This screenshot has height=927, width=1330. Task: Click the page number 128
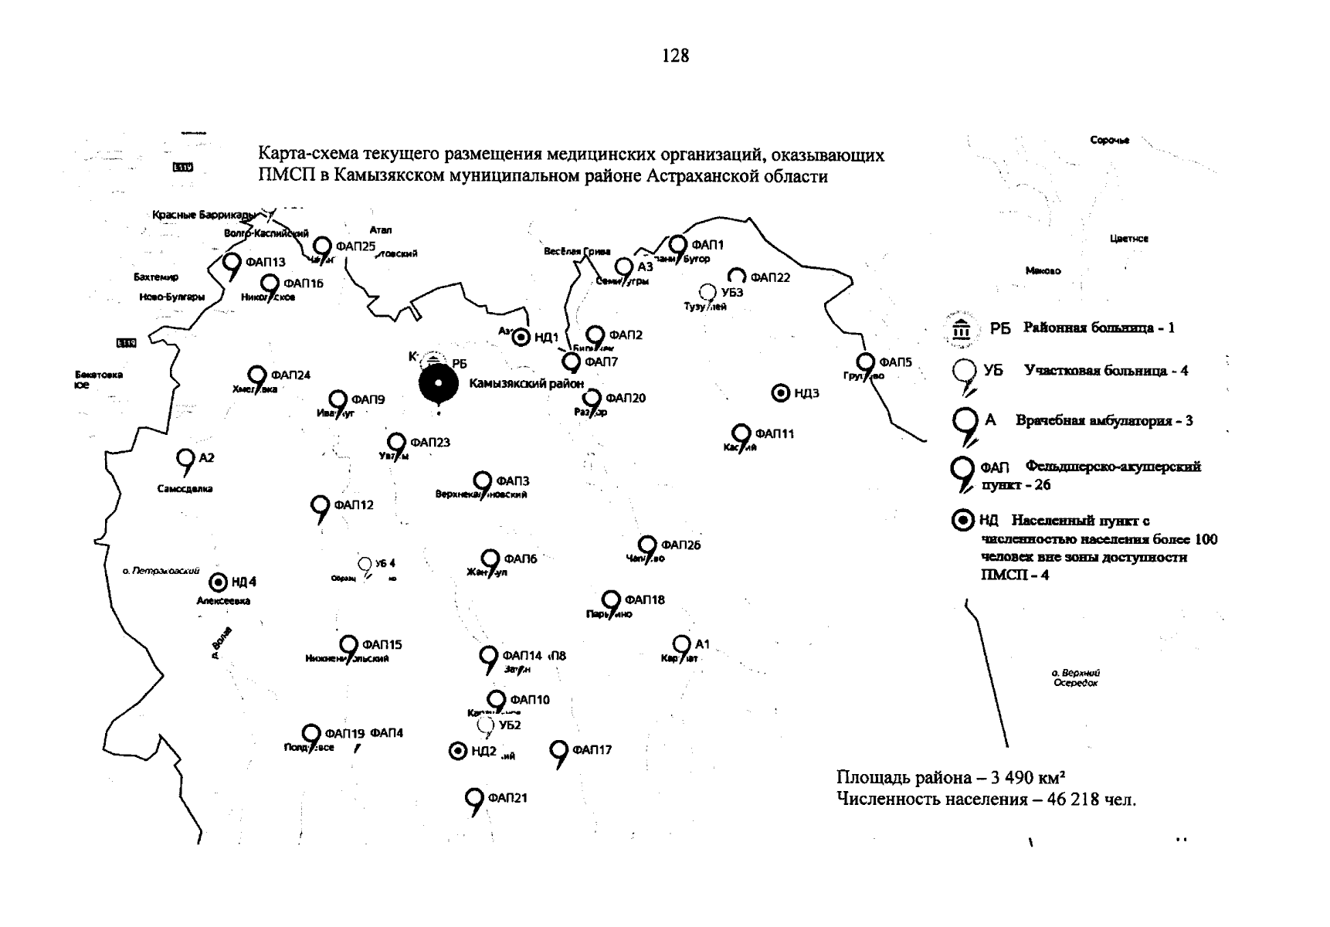(675, 56)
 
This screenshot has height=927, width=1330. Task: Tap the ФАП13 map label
(265, 263)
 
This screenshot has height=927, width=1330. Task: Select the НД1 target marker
(522, 337)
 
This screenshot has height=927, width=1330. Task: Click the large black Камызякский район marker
(438, 384)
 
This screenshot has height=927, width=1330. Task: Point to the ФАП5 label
(895, 362)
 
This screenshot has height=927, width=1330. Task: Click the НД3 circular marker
(781, 393)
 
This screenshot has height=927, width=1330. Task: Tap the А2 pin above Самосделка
(185, 460)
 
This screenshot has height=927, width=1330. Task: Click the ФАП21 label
(507, 798)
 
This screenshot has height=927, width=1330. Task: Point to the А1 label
(702, 644)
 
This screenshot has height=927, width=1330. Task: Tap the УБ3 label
(731, 293)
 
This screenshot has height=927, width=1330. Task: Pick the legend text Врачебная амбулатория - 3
(1104, 421)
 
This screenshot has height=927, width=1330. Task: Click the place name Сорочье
(1109, 140)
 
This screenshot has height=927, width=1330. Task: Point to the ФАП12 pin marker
(320, 507)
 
